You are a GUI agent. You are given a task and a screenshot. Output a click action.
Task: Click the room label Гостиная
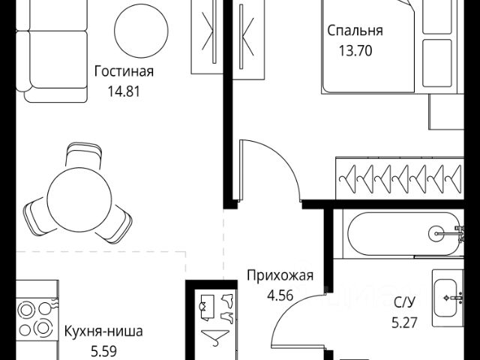coord(124,72)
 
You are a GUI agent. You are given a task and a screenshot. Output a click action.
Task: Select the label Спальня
coord(355,31)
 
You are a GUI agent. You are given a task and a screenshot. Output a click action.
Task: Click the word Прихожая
coord(280,275)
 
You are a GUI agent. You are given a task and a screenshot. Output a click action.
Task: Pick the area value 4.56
coord(280,295)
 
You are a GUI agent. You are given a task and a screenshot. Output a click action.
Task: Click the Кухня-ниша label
coord(103,330)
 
